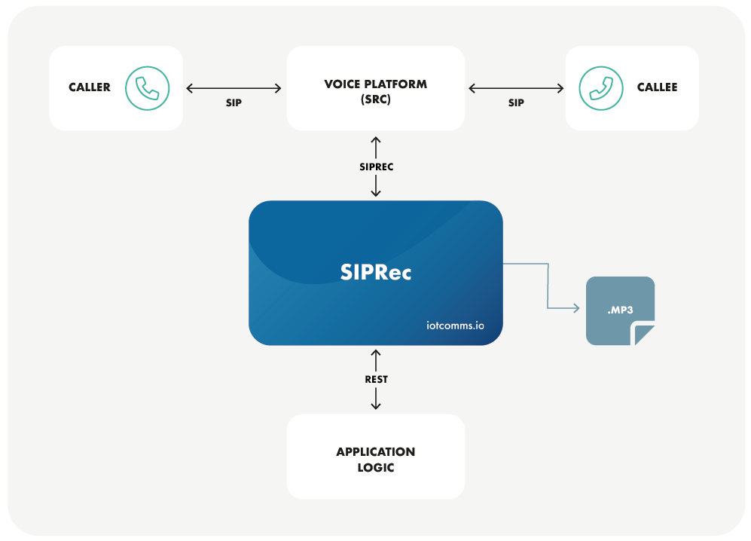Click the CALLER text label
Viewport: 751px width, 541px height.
[x=90, y=87]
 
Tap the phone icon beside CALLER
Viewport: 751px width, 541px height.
[x=148, y=88]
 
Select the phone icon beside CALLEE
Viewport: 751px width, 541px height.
[x=601, y=88]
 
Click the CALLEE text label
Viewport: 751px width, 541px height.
[x=657, y=87]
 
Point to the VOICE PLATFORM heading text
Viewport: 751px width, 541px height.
[x=375, y=84]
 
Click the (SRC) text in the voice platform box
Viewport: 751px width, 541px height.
[x=375, y=99]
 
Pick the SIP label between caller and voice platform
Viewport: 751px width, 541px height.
[x=234, y=102]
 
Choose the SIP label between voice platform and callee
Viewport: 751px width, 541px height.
[x=516, y=102]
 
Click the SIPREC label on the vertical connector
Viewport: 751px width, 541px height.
[x=376, y=167]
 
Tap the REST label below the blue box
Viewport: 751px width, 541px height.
[x=376, y=379]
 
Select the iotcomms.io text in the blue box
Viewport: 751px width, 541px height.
[x=454, y=326]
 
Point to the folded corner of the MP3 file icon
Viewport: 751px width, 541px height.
[x=644, y=334]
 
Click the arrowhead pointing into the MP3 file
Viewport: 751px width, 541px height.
[x=575, y=309]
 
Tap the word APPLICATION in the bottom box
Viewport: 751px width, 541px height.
[x=375, y=452]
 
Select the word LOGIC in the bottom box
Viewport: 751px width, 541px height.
[x=375, y=468]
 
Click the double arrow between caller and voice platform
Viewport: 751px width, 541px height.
[x=234, y=88]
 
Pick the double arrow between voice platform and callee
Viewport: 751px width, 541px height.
[x=516, y=88]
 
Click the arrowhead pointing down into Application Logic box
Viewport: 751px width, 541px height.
[x=376, y=406]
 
